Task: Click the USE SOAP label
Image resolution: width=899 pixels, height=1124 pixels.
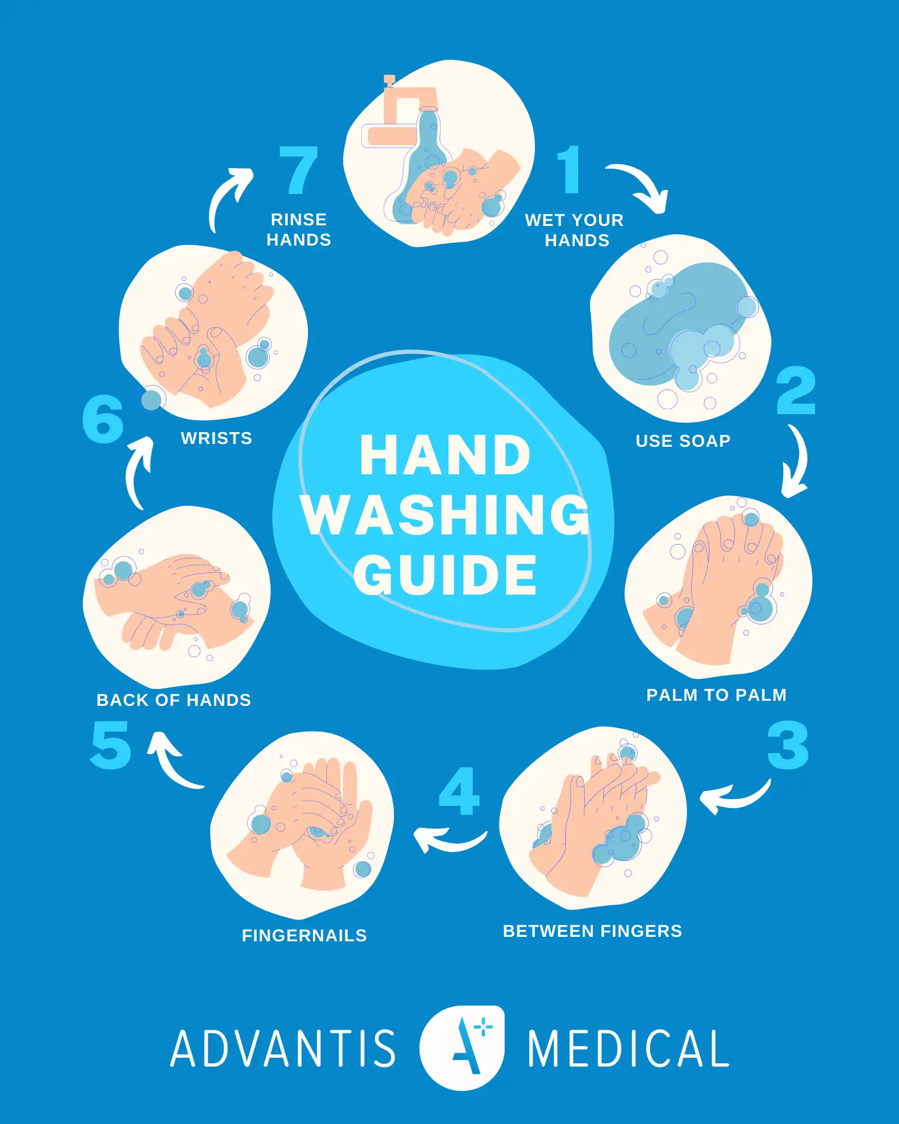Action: pyautogui.click(x=683, y=441)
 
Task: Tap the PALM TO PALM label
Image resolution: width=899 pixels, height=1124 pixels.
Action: pyautogui.click(x=716, y=695)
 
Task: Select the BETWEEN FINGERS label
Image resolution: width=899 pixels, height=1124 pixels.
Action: pyautogui.click(x=592, y=931)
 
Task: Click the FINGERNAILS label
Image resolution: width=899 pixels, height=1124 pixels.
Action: pyautogui.click(x=304, y=936)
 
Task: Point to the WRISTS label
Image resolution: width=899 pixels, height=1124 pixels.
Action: pyautogui.click(x=216, y=438)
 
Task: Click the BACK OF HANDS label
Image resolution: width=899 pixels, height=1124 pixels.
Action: pyautogui.click(x=174, y=700)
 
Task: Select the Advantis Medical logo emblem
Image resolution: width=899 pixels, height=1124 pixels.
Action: pyautogui.click(x=462, y=1048)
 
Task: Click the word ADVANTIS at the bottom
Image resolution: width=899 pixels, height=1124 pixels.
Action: pyautogui.click(x=283, y=1049)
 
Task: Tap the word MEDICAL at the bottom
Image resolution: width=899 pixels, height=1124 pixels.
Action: pyautogui.click(x=628, y=1049)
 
